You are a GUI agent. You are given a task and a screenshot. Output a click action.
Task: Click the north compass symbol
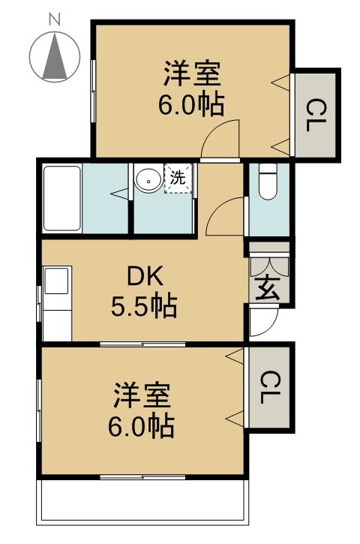click(55, 56)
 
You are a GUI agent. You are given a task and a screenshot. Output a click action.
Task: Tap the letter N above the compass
click(55, 19)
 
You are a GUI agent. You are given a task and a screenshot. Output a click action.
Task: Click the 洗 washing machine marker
click(178, 179)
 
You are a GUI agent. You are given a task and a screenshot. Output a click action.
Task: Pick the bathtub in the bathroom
click(62, 199)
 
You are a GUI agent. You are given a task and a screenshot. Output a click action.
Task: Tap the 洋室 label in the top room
click(191, 76)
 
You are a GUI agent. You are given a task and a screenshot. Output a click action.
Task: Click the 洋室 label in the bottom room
click(142, 395)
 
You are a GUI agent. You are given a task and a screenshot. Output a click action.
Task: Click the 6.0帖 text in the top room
click(191, 105)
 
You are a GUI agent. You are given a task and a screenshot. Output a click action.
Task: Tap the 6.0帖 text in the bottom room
click(142, 426)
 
